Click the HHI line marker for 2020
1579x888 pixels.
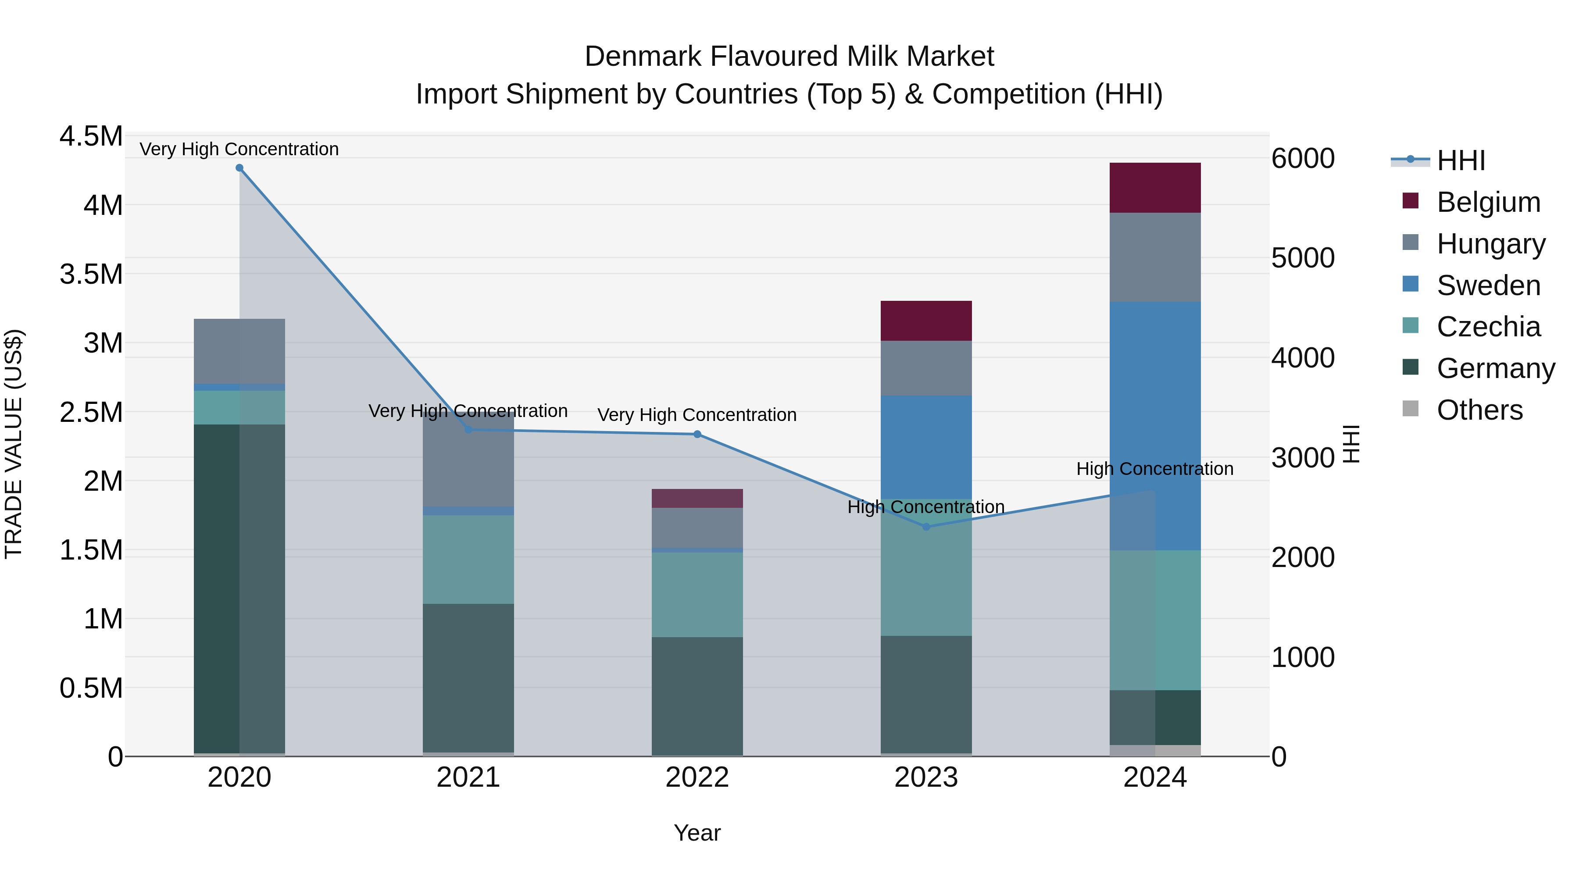[x=239, y=168]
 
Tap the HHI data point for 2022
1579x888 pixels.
[x=697, y=435]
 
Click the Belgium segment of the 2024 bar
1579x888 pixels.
[x=1155, y=188]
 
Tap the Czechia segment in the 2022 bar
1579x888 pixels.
[x=697, y=595]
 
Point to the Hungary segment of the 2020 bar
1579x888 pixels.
[x=239, y=351]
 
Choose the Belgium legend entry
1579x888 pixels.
[x=1488, y=202]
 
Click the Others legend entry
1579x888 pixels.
[x=1479, y=410]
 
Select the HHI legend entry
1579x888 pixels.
[x=1461, y=160]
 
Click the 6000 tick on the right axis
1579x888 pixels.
[x=1303, y=158]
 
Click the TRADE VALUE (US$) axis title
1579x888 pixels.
[x=14, y=444]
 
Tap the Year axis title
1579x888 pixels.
[x=697, y=833]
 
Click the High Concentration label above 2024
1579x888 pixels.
[x=1155, y=469]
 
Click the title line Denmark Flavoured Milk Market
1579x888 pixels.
[x=789, y=57]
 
